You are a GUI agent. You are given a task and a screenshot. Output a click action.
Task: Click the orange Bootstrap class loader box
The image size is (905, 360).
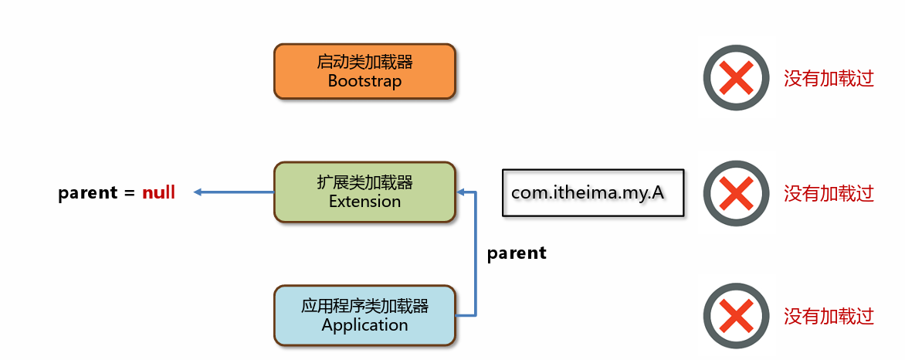[364, 72]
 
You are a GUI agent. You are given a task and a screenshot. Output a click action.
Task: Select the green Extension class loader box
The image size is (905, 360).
[364, 192]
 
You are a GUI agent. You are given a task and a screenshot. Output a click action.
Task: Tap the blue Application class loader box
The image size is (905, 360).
[364, 315]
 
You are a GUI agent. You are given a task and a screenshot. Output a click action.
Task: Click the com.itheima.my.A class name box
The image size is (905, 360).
[593, 192]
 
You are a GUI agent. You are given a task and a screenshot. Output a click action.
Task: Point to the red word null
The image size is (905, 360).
[159, 192]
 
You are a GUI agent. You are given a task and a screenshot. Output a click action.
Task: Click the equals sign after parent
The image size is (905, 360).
[128, 193]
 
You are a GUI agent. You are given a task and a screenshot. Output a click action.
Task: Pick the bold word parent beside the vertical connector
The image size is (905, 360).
[517, 253]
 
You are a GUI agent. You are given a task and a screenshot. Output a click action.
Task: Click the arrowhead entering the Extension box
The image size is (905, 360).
[460, 192]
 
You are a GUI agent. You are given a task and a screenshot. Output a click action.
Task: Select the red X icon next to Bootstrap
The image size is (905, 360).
[737, 77]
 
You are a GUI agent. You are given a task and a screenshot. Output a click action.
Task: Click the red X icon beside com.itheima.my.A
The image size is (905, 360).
[737, 194]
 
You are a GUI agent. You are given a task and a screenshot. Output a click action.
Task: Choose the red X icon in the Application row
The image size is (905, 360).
[737, 316]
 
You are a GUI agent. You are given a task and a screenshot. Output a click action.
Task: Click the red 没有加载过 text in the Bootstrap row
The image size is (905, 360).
[829, 78]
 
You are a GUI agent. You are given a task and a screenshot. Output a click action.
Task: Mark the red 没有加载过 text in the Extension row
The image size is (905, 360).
[829, 194]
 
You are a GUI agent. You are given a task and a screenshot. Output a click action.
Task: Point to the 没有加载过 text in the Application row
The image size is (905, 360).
[829, 316]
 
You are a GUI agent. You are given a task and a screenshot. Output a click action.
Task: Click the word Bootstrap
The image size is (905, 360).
[364, 81]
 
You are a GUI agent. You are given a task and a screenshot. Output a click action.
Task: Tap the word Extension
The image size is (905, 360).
[364, 202]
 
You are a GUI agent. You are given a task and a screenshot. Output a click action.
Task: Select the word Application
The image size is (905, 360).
[364, 325]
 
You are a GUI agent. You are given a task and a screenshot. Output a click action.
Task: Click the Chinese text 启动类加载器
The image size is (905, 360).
[364, 62]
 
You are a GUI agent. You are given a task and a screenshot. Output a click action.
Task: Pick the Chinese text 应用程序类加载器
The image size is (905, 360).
[364, 306]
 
